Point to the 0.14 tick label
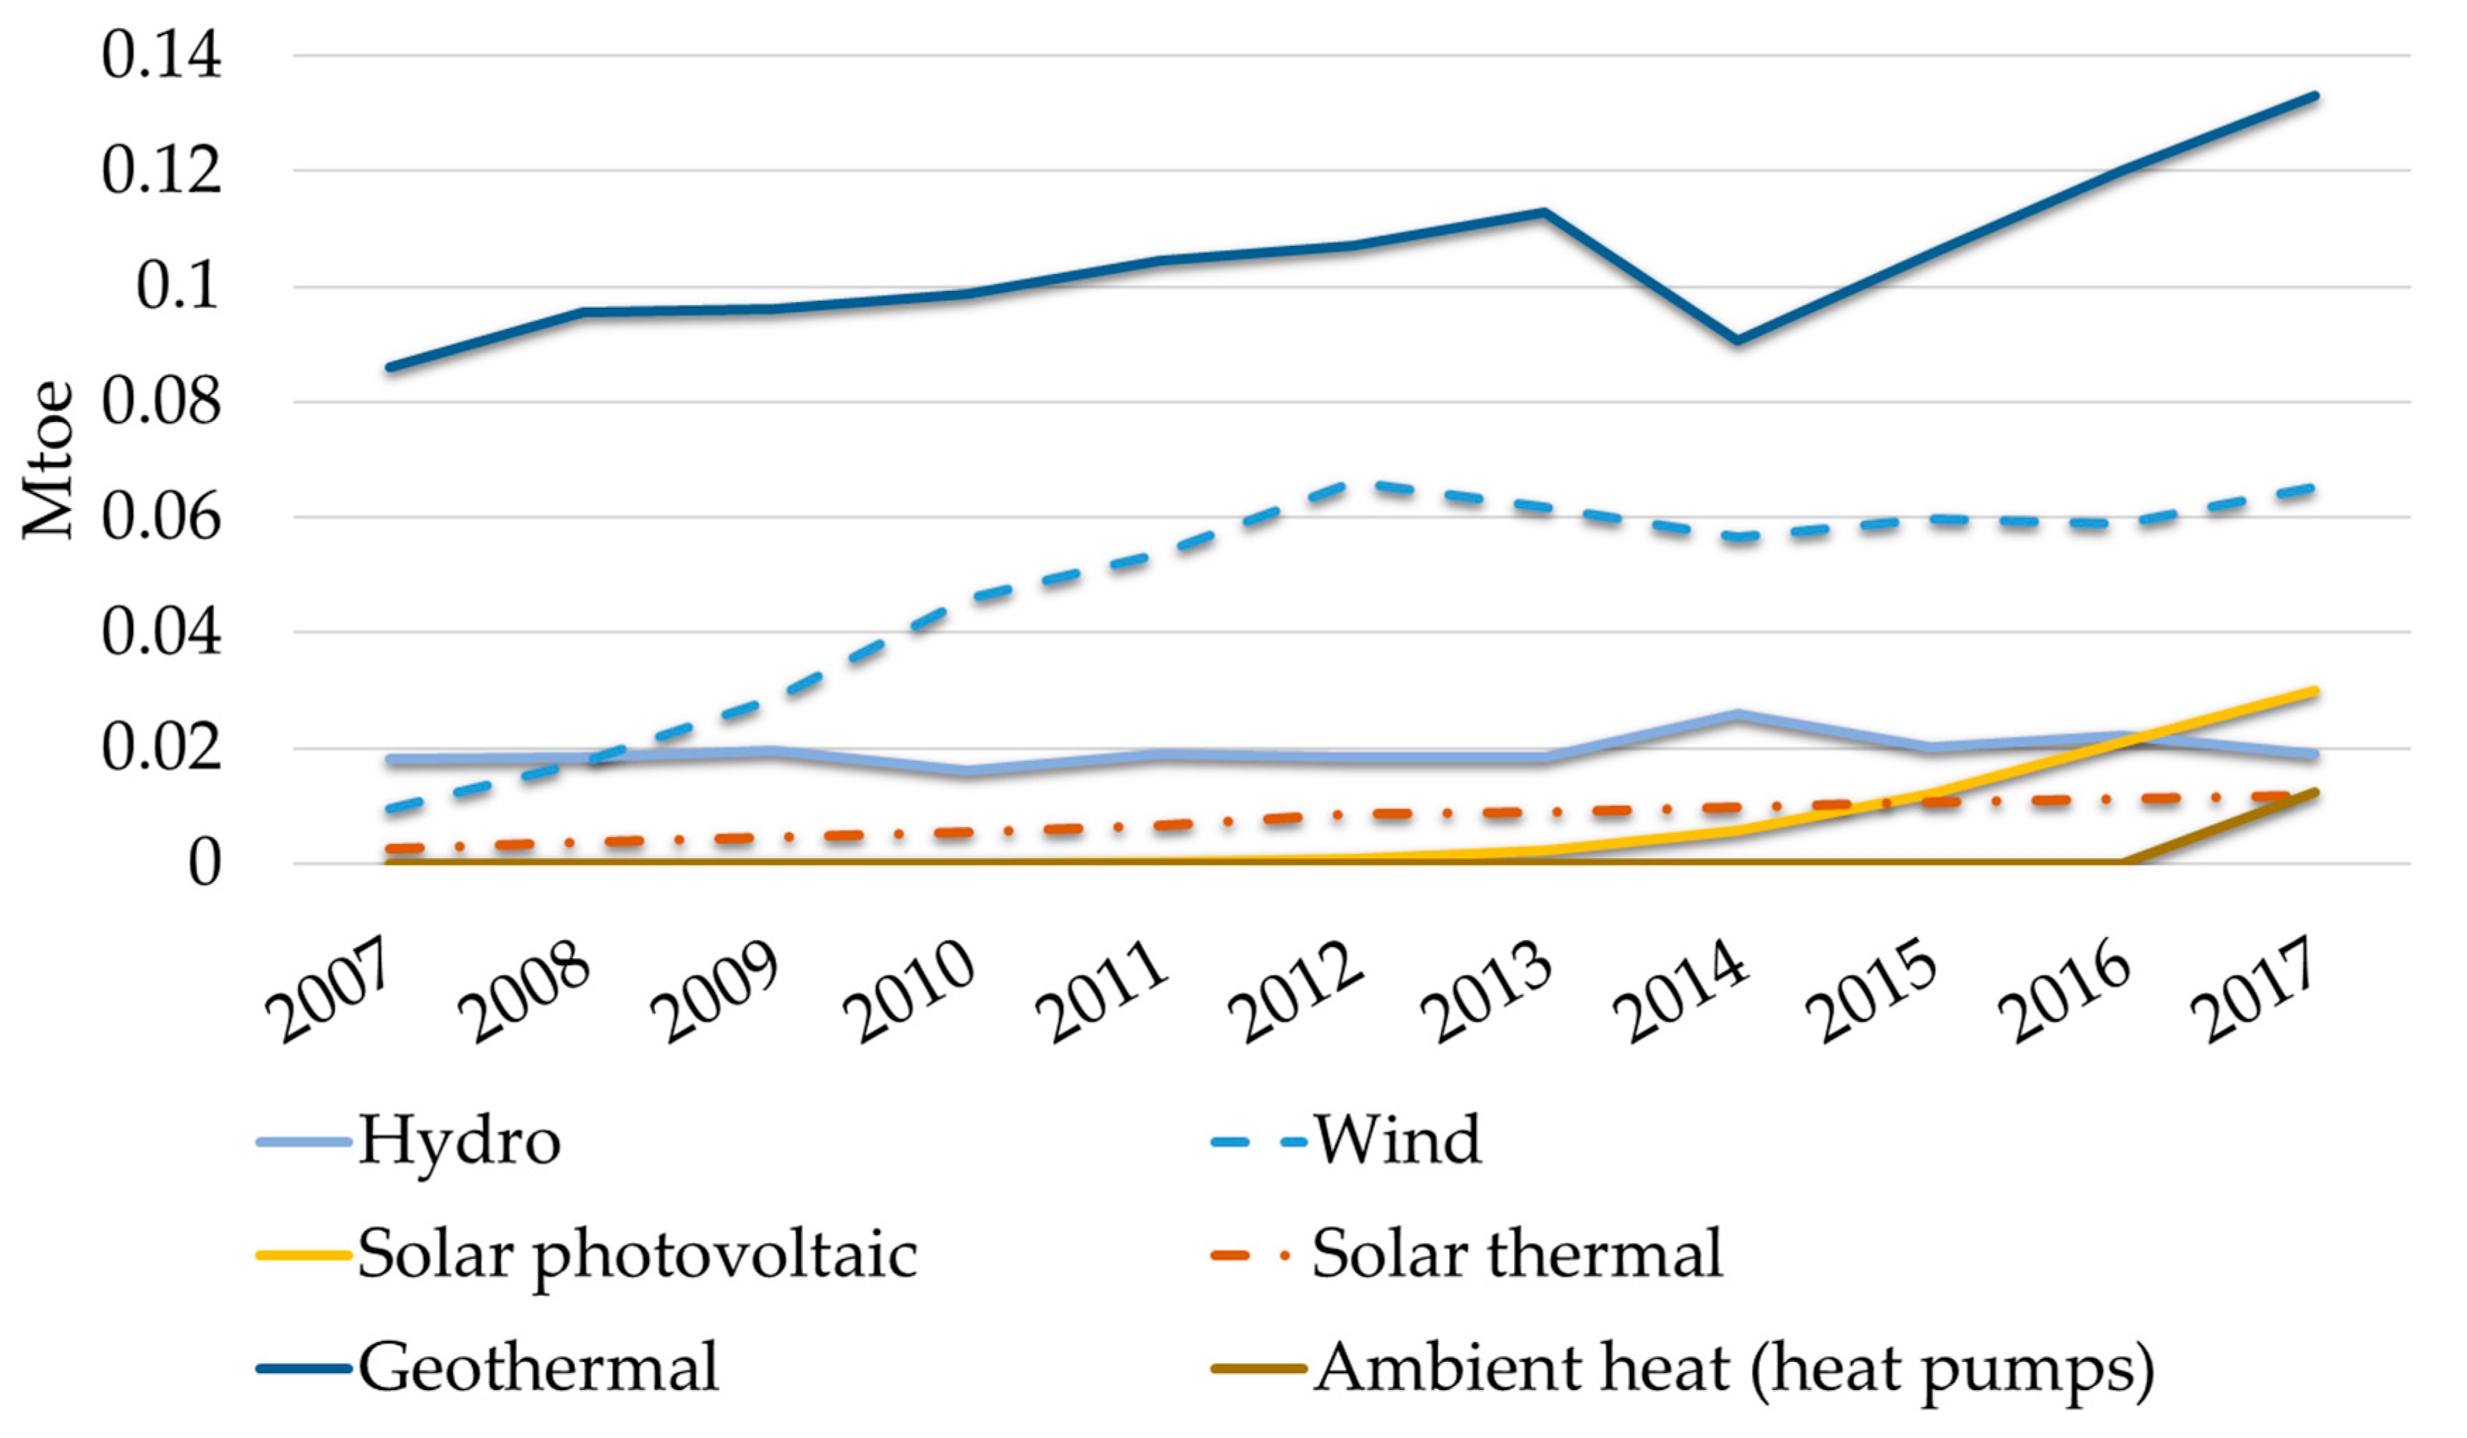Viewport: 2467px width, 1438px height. (161, 55)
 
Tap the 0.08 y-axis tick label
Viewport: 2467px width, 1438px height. (161, 402)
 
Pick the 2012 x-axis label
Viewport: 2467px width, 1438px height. (1297, 991)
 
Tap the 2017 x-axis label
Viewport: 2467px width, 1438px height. (2256, 991)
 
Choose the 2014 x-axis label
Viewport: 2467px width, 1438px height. (1682, 991)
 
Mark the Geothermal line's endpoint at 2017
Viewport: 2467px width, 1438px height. (2316, 96)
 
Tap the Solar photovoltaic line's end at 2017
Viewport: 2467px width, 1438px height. (2316, 691)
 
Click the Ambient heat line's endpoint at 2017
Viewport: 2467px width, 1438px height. (2316, 792)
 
